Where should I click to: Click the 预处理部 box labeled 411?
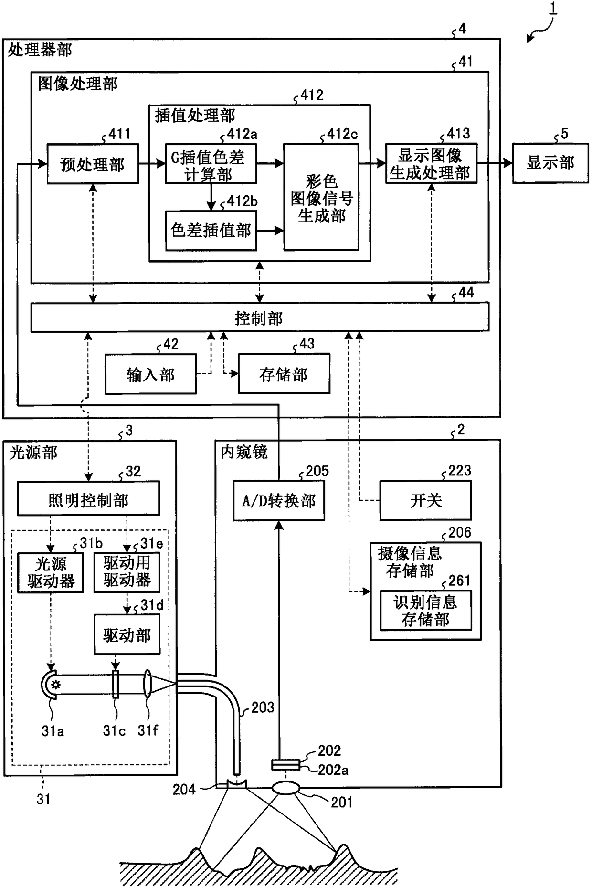point(93,164)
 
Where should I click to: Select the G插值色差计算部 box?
point(211,164)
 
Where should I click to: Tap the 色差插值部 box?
point(211,231)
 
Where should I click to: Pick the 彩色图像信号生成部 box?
point(321,197)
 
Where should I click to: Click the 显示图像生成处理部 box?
point(431,163)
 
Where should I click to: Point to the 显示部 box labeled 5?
point(550,163)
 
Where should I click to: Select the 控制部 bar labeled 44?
point(260,317)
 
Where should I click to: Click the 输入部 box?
point(150,374)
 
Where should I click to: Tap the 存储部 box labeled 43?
point(284,374)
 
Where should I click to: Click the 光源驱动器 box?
point(51,573)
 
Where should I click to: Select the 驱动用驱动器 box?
point(127,572)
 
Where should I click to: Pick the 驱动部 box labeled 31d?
point(127,634)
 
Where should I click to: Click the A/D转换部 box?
point(279,501)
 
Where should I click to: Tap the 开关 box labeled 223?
point(425,500)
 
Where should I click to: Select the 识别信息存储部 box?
point(425,611)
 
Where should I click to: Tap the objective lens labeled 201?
point(285,788)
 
